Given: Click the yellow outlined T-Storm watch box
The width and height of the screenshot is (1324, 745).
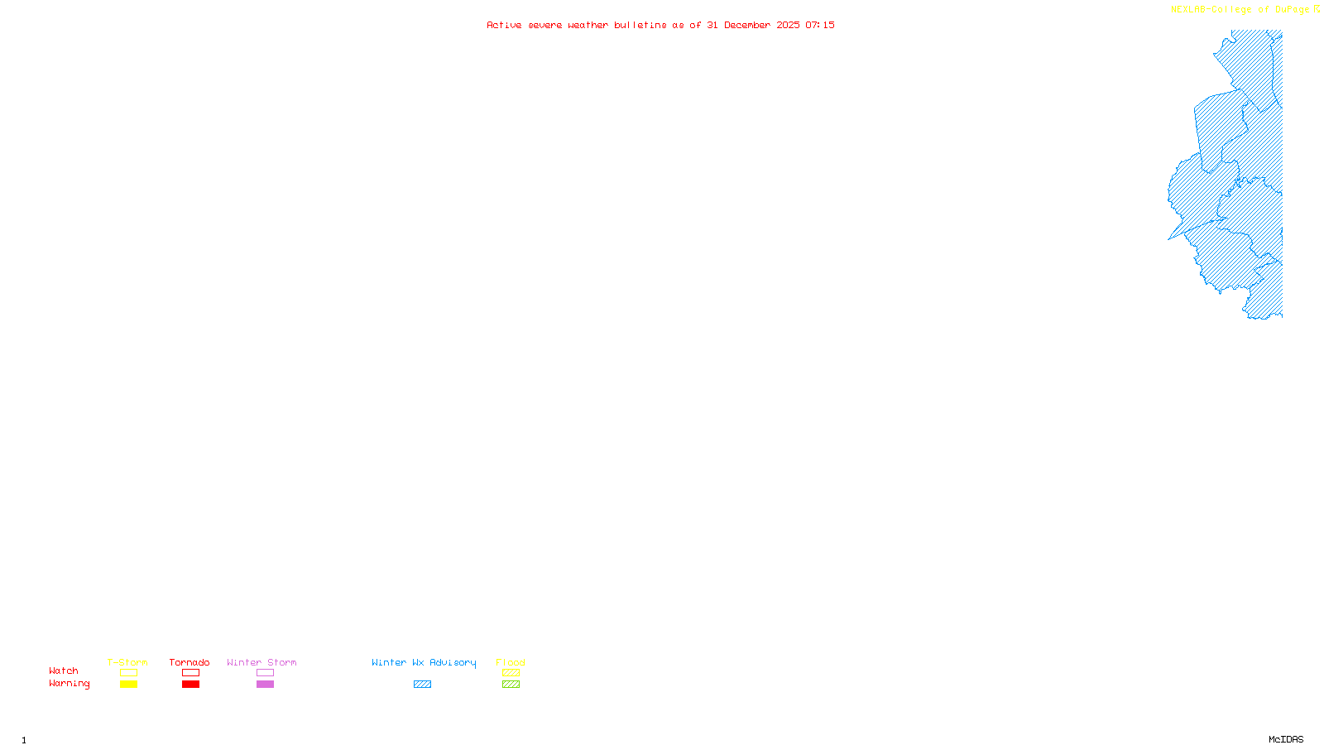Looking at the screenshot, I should click(x=128, y=673).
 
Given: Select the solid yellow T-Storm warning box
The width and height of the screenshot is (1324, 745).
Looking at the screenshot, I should click(x=128, y=685).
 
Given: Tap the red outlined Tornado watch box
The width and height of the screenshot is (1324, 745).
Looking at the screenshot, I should click(x=190, y=673).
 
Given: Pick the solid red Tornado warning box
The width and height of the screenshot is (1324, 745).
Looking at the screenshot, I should click(x=190, y=685).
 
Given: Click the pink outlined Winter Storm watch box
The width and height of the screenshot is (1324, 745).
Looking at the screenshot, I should click(x=265, y=673).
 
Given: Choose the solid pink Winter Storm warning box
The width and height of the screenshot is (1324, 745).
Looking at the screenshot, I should click(x=265, y=685).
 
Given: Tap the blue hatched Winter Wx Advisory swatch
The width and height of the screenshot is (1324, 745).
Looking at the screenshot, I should click(x=422, y=685).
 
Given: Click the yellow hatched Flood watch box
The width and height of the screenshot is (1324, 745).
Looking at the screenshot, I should click(x=511, y=673).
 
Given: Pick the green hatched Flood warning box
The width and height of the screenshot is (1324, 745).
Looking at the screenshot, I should click(x=511, y=685).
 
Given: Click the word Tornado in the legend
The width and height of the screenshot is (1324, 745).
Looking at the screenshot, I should click(x=189, y=662).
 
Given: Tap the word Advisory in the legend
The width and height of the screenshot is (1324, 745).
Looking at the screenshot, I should click(x=453, y=662).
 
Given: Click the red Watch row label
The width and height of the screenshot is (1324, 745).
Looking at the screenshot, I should click(x=64, y=670).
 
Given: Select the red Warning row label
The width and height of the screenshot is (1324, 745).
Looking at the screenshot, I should click(x=69, y=684).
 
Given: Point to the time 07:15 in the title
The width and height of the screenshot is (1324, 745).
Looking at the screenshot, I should click(x=820, y=25).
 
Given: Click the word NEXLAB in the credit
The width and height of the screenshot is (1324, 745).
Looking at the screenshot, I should click(x=1189, y=10).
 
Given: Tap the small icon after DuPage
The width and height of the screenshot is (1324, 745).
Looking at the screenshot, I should click(x=1317, y=9).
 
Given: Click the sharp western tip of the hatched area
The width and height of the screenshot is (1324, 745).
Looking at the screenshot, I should click(x=1169, y=239).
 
